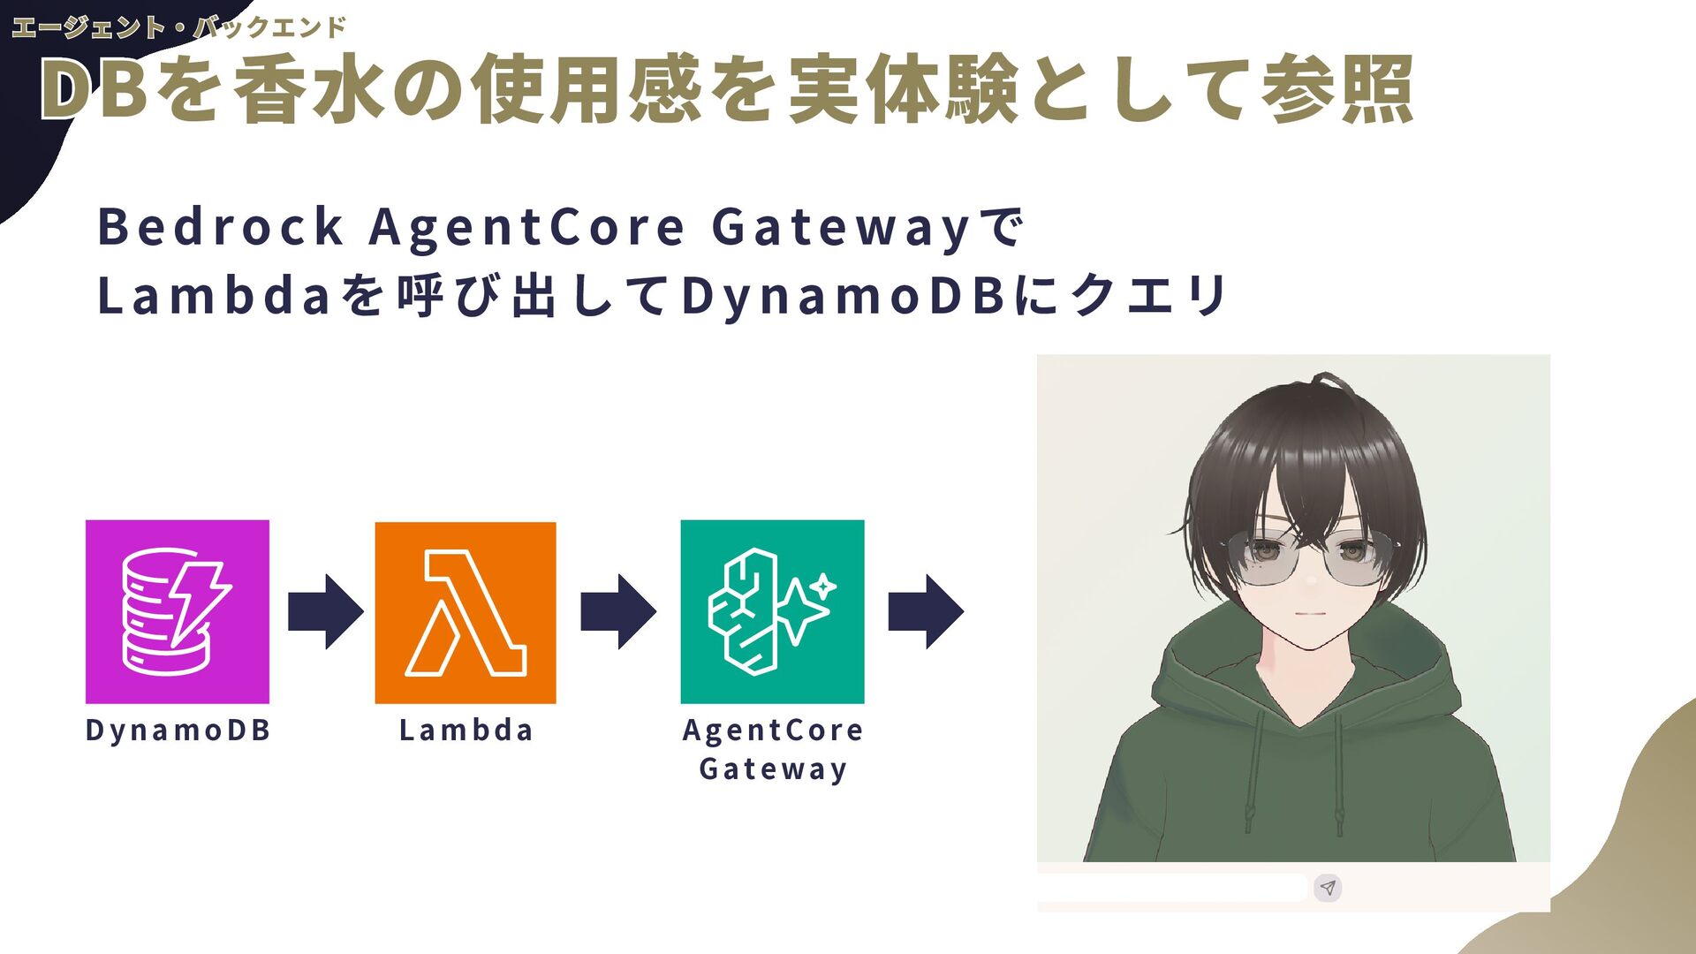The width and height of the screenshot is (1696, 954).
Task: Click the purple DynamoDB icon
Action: [x=177, y=611]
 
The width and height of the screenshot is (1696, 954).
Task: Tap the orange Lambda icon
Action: [x=466, y=612]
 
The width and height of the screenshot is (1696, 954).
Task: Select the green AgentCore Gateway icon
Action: [x=772, y=611]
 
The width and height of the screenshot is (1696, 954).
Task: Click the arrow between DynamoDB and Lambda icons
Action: [x=325, y=611]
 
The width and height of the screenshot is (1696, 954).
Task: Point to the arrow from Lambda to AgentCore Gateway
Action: [x=617, y=611]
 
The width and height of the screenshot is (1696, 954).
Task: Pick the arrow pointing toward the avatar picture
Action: [x=925, y=611]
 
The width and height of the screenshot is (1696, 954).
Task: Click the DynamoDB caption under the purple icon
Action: [x=178, y=731]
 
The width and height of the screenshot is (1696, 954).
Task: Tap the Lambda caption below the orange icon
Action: [x=466, y=731]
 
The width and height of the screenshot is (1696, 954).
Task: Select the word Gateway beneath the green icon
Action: [x=773, y=769]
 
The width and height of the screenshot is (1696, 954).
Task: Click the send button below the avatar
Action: [x=1328, y=888]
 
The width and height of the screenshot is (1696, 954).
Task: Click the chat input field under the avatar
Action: [x=1170, y=888]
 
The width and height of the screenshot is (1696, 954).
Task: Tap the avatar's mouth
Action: [x=1311, y=615]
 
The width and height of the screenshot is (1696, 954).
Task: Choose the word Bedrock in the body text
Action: [x=220, y=226]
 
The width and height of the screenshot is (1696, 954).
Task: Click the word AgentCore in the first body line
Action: [x=526, y=226]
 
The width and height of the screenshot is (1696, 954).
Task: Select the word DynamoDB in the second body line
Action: [x=844, y=295]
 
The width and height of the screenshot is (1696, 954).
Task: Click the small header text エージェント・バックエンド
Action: [x=178, y=27]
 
